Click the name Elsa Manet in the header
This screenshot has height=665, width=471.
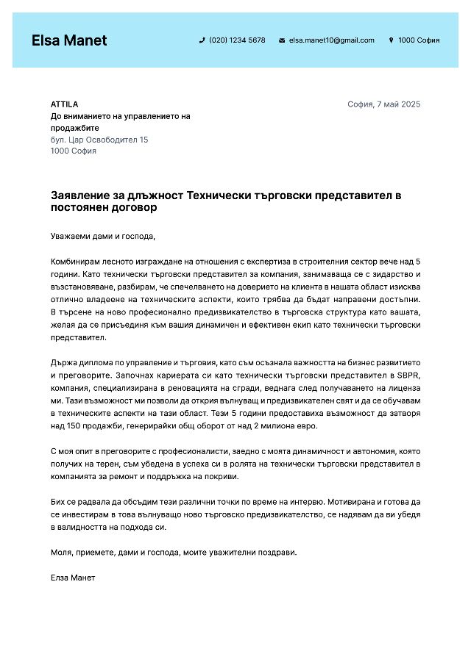pyautogui.click(x=69, y=40)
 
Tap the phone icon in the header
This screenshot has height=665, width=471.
pyautogui.click(x=202, y=40)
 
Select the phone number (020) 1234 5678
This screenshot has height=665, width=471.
pyautogui.click(x=237, y=40)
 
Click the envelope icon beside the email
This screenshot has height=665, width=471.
pyautogui.click(x=282, y=40)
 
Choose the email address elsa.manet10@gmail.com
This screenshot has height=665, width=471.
pyautogui.click(x=331, y=40)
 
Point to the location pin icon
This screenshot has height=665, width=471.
pyautogui.click(x=391, y=40)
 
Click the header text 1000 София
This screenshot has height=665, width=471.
pyautogui.click(x=419, y=40)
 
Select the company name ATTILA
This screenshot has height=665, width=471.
pyautogui.click(x=64, y=104)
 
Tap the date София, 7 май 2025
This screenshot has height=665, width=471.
pyautogui.click(x=383, y=104)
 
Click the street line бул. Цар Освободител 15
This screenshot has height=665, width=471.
pyautogui.click(x=99, y=140)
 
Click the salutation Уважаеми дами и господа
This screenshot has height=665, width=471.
pyautogui.click(x=103, y=237)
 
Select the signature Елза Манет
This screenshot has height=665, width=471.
pyautogui.click(x=73, y=578)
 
